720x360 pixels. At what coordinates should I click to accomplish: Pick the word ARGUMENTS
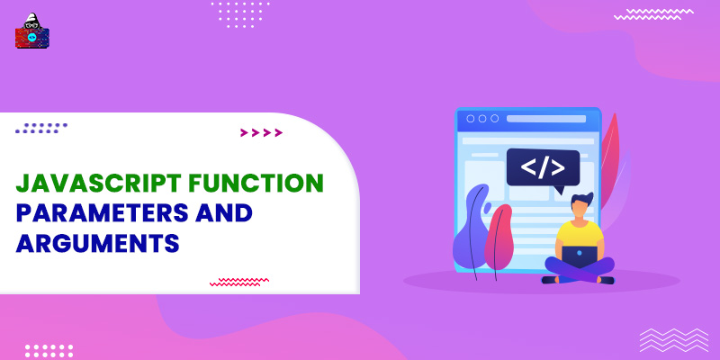pos(98,244)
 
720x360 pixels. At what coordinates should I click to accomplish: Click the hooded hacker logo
pos(32,32)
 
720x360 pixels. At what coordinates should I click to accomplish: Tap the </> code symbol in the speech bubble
pos(544,166)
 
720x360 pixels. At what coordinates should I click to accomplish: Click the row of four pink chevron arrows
pos(261,133)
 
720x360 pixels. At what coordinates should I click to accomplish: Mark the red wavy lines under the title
pos(239,281)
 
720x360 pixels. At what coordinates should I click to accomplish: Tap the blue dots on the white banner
pos(41,128)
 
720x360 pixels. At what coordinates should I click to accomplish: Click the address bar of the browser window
pos(549,118)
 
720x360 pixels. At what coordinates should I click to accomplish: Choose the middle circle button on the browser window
pos(481,118)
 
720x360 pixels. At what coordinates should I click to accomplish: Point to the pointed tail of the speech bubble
pos(559,190)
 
